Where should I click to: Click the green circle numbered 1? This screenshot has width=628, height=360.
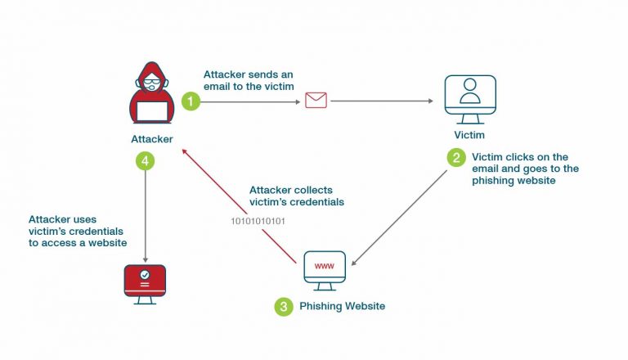point(191,101)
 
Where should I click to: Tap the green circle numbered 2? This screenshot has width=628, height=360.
point(456,156)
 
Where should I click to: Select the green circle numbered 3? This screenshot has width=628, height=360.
point(283,307)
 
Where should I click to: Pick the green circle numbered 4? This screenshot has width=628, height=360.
point(145,161)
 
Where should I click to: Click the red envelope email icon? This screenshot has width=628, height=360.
point(316,101)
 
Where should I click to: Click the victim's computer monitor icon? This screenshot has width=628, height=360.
point(469,98)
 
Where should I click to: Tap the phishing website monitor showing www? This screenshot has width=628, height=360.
point(325,268)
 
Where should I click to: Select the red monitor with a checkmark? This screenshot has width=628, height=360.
point(145,281)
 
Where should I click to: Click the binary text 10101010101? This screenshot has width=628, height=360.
point(257,221)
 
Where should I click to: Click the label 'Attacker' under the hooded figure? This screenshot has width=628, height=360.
point(151,139)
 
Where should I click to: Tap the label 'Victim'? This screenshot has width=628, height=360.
point(469,134)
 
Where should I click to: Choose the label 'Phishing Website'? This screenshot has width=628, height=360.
point(343,307)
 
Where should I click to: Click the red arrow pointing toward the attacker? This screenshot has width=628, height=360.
point(237,205)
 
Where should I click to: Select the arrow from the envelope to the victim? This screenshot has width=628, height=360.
point(380,101)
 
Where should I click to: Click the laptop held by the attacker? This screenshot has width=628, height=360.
point(151,110)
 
